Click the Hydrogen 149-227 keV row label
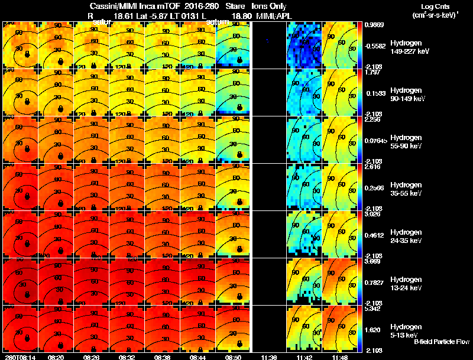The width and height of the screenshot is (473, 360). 409,47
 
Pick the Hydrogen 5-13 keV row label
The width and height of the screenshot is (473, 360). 409,330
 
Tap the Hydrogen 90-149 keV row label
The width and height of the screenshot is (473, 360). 409,95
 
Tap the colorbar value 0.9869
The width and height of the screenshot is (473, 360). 374,25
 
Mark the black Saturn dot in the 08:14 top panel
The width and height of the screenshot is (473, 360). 26,54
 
